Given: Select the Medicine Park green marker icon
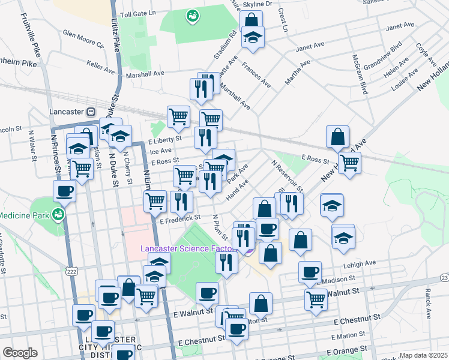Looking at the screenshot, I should coord(58,214).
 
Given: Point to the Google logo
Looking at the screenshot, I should coord(20,353).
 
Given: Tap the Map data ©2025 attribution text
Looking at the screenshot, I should coord(423,355).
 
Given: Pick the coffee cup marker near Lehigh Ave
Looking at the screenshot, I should coord(310,272).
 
